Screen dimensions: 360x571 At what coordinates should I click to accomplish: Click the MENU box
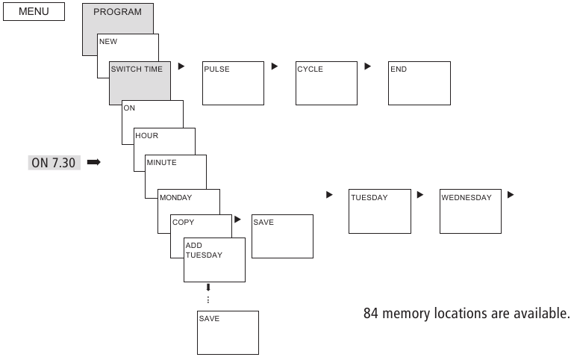pyautogui.click(x=34, y=12)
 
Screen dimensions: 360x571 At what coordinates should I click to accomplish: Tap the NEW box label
pyautogui.click(x=108, y=42)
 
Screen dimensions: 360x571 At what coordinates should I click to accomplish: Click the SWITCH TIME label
pyautogui.click(x=137, y=69)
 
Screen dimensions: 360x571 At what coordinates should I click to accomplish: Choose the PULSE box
pyautogui.click(x=234, y=83)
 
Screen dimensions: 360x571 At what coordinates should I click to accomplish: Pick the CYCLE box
pyautogui.click(x=326, y=83)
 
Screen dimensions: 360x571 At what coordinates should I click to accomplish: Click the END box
pyautogui.click(x=419, y=83)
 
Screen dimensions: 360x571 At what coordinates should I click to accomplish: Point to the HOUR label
pyautogui.click(x=147, y=136)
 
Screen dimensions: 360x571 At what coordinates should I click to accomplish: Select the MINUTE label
pyautogui.click(x=162, y=163)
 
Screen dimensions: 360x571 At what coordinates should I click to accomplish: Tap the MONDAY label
pyautogui.click(x=176, y=198)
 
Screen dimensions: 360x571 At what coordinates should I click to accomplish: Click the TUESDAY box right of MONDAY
pyautogui.click(x=380, y=211)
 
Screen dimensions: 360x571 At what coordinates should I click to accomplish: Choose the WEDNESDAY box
pyautogui.click(x=470, y=211)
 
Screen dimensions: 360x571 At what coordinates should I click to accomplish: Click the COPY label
pyautogui.click(x=184, y=223)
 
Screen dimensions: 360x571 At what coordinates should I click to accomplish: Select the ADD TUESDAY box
pyautogui.click(x=214, y=260)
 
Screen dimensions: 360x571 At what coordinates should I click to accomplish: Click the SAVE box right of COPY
pyautogui.click(x=282, y=236)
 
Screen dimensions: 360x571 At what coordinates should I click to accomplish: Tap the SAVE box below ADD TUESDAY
pyautogui.click(x=228, y=332)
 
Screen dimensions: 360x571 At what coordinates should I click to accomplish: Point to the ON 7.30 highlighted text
pyautogui.click(x=54, y=162)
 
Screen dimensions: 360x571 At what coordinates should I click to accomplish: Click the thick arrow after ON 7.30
pyautogui.click(x=93, y=162)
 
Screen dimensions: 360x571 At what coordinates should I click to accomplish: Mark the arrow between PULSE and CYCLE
pyautogui.click(x=275, y=66)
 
